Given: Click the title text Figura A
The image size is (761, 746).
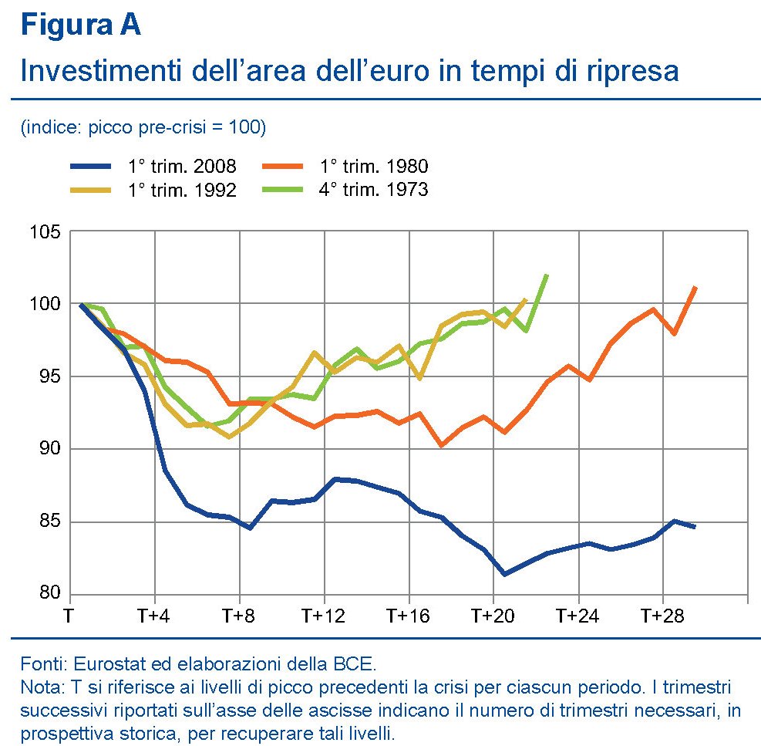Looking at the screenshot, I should pos(81,25).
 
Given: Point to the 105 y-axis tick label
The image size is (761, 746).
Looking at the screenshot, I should pos(45,231).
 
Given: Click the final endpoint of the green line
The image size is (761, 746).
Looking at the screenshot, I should pos(547,275).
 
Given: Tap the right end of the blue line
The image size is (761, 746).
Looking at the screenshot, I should pos(695,527).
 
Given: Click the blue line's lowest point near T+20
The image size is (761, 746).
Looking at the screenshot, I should pos(503,574).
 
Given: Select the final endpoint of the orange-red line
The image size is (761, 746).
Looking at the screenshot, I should pos(695,288).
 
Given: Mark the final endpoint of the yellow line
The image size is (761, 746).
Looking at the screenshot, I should pos(525,299).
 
